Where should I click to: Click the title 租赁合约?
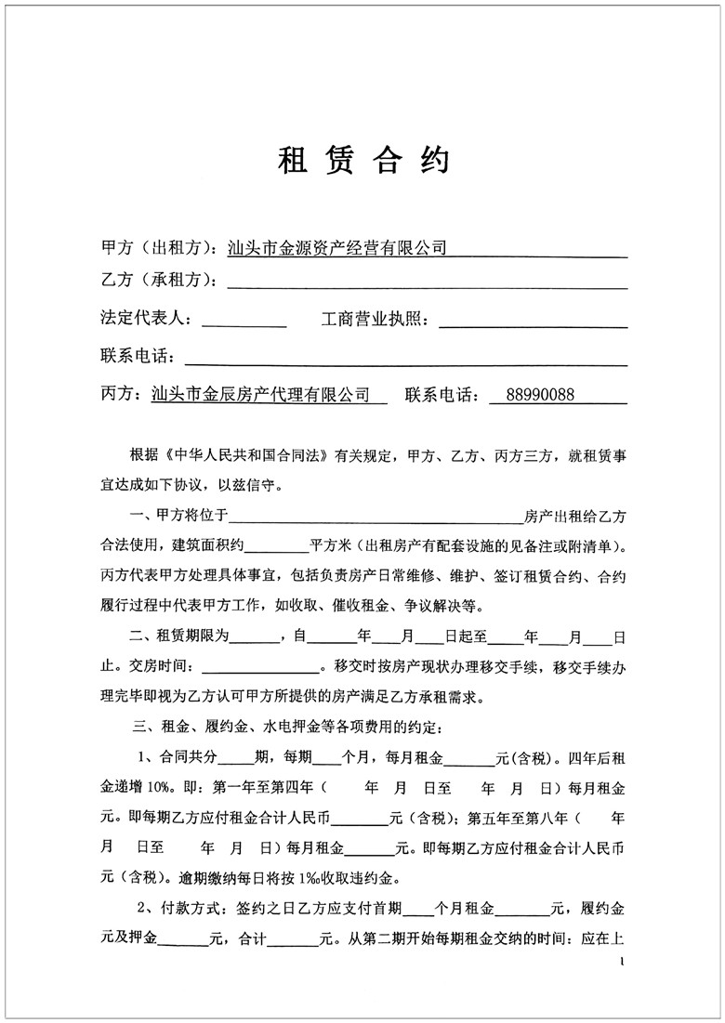coord(363,160)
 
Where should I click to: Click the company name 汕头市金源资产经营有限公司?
coord(337,248)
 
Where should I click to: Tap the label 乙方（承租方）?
coord(158,281)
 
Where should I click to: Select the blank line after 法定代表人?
coord(244,321)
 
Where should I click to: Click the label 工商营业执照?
coord(374,320)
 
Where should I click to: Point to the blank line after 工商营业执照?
coord(532,321)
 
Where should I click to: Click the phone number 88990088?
coord(541,395)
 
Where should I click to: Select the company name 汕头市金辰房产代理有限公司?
coord(260,395)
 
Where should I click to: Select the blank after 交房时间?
coord(259,670)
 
